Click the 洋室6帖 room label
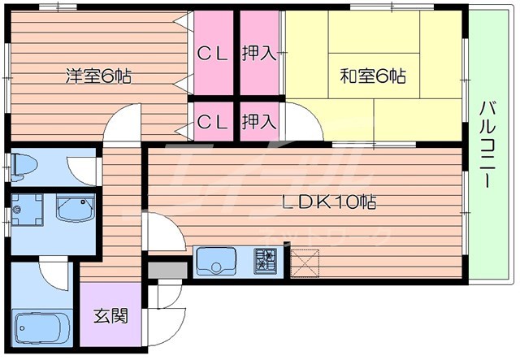pyautogui.click(x=98, y=77)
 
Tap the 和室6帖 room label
pyautogui.click(x=373, y=77)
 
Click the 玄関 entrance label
pyautogui.click(x=111, y=315)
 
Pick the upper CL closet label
pyautogui.click(x=213, y=54)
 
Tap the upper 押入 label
pyautogui.click(x=259, y=54)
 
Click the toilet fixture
pyautogui.click(x=24, y=168)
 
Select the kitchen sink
pyautogui.click(x=216, y=262)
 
